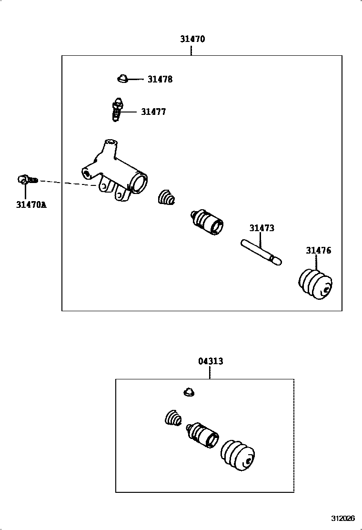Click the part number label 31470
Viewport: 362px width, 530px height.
point(192,39)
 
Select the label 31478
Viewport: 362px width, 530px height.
point(160,80)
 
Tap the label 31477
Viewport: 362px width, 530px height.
point(153,112)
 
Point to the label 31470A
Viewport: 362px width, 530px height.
point(31,205)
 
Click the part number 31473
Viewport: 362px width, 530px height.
point(261,228)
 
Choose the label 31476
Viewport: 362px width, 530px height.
point(318,250)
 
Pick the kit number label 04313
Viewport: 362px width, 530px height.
point(210,361)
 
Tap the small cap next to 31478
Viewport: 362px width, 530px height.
point(122,78)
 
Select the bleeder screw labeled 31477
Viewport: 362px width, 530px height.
point(116,111)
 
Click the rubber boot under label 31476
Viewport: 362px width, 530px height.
point(316,284)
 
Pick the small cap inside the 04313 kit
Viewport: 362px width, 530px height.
point(189,392)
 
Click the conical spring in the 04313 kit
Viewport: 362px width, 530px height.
point(173,418)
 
